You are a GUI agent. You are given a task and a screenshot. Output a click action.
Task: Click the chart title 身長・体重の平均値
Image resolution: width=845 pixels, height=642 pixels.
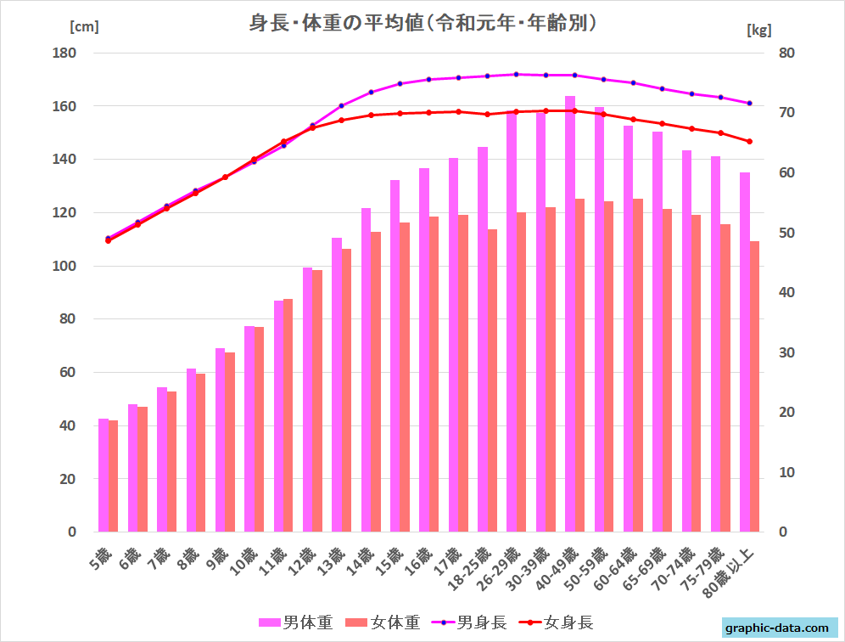[422, 24]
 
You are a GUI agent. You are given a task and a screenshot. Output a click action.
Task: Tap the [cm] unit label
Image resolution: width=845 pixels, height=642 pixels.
[84, 25]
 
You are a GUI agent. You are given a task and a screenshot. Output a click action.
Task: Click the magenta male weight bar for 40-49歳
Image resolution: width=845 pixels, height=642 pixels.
[570, 314]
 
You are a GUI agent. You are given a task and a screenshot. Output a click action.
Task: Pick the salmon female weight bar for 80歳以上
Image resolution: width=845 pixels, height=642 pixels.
[754, 386]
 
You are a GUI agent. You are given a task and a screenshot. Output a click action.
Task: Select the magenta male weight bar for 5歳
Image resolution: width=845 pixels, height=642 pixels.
[104, 476]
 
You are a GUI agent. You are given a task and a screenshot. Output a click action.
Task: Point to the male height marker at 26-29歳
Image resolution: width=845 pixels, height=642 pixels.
[517, 74]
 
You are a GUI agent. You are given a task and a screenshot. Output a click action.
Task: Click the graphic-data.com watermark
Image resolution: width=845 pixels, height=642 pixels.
[776, 628]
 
